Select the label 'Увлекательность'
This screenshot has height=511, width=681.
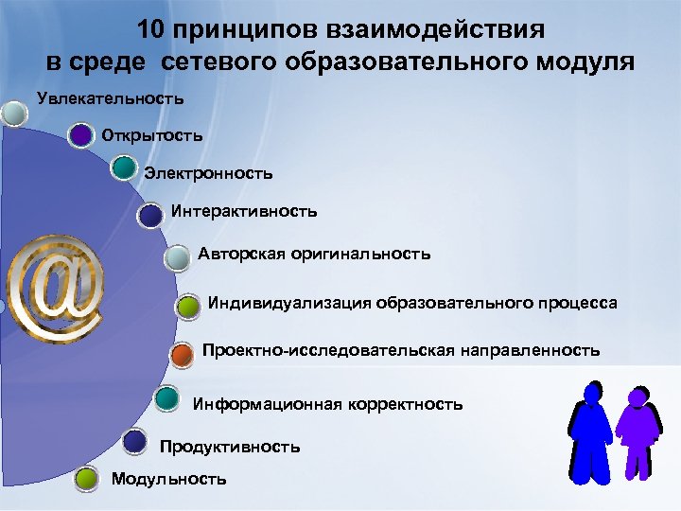tap(110, 97)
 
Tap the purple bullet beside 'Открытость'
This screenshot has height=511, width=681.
tap(82, 136)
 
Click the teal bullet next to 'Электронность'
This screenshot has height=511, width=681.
tap(123, 168)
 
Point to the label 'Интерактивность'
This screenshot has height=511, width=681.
tap(244, 211)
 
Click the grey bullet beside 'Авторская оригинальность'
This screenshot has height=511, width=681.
tap(177, 257)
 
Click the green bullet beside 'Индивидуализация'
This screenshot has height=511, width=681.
tap(189, 307)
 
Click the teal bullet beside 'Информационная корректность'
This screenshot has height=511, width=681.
tap(166, 397)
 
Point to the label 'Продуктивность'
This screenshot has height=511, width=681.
tap(230, 446)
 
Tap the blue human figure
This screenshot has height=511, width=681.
tap(591, 431)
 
